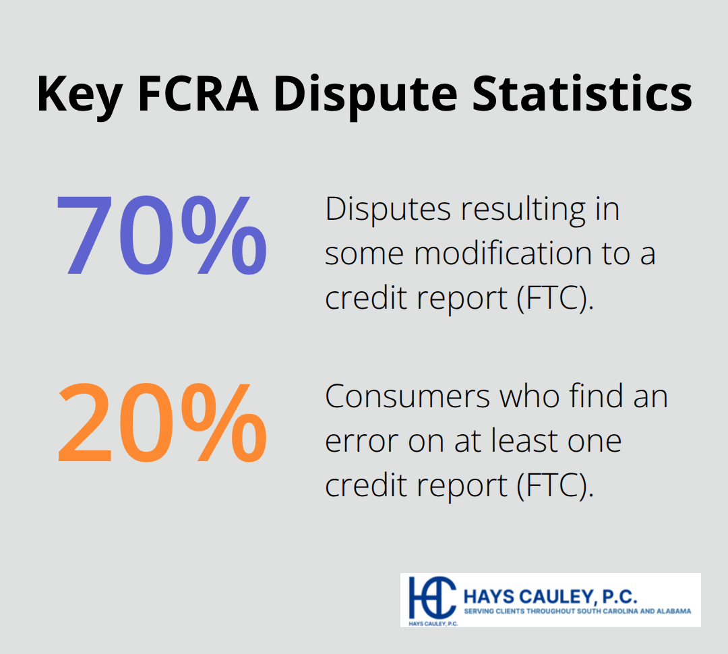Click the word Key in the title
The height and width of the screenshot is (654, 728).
[79, 94]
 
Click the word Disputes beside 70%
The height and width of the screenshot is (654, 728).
[387, 209]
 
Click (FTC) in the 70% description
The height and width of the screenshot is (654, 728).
[555, 297]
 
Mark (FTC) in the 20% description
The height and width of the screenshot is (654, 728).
[555, 485]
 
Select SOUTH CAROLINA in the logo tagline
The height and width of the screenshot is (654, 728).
[609, 612]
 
